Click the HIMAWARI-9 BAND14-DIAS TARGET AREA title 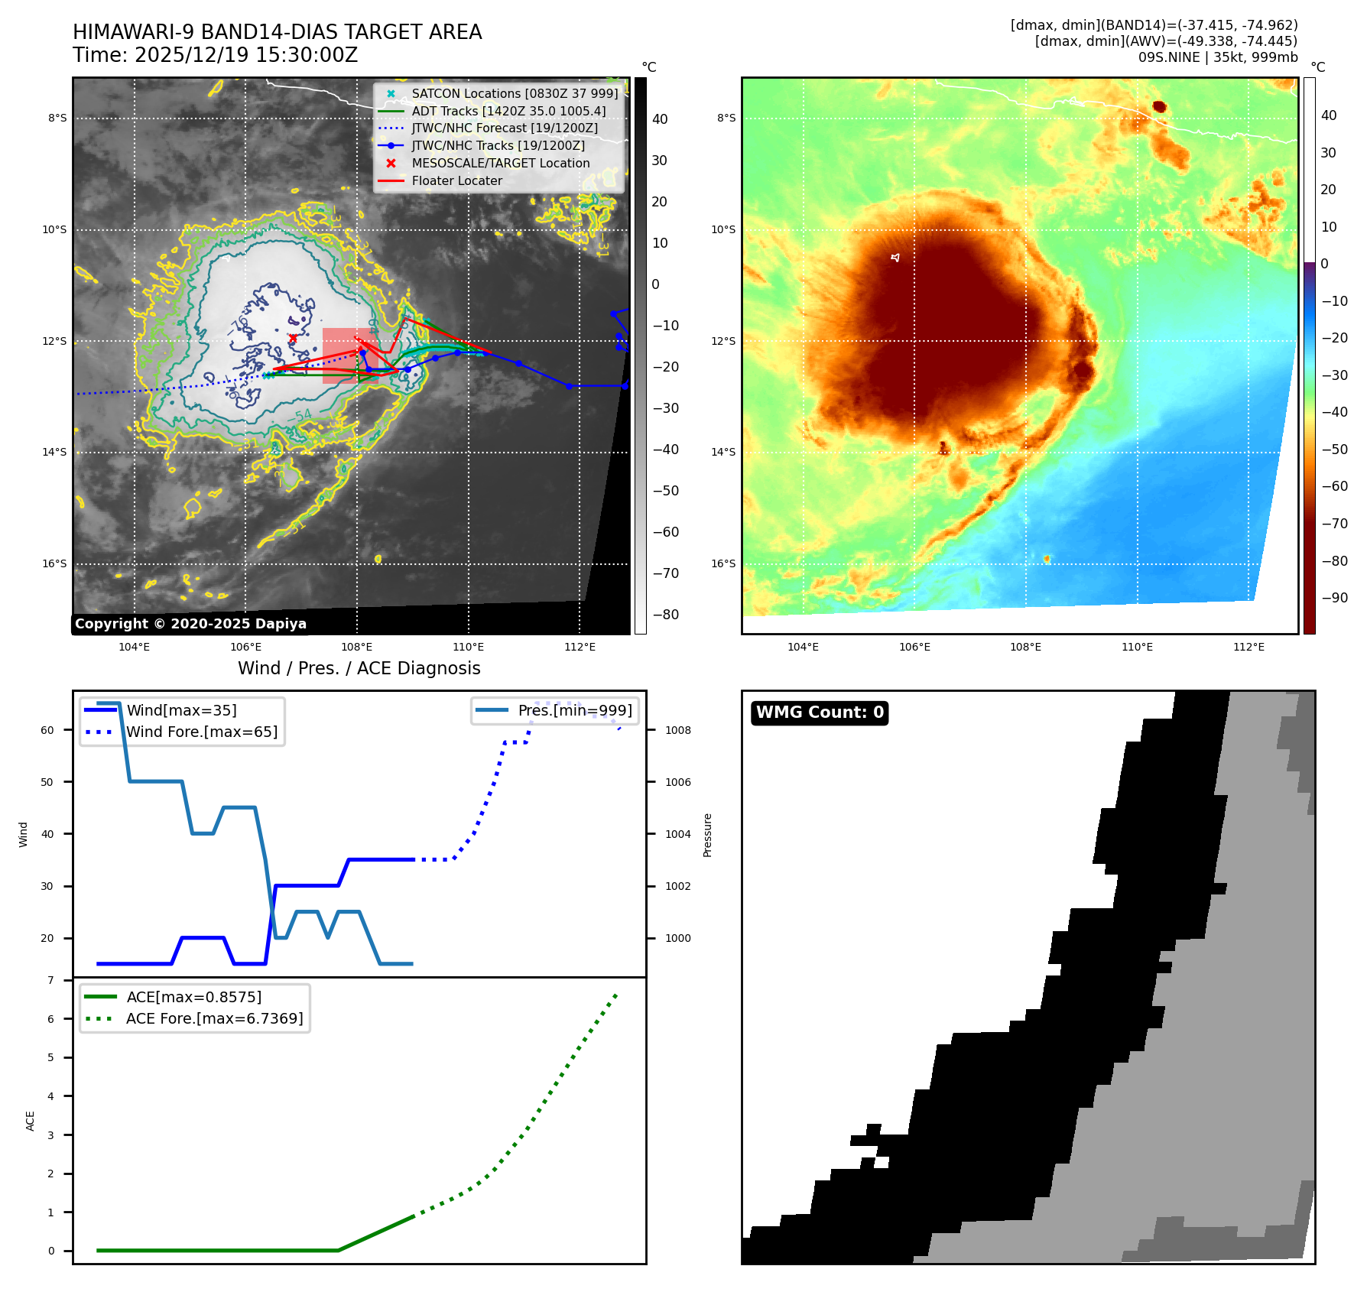pos(277,32)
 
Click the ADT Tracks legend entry pos(508,111)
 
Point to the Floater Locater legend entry pos(456,180)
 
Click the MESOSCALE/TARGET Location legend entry pos(500,163)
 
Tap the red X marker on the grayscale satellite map pos(293,338)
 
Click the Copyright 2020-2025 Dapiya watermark pos(190,624)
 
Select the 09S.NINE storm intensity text pos(1217,57)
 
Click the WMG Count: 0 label pos(820,713)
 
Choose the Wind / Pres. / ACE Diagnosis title pos(359,668)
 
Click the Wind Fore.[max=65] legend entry pos(202,732)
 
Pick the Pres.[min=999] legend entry pos(574,710)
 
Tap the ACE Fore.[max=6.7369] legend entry pos(214,1018)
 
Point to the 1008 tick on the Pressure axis pos(677,730)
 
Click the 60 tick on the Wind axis pos(47,730)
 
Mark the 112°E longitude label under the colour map pos(1248,647)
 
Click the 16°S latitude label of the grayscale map pos(54,563)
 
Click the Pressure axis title pos(707,835)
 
